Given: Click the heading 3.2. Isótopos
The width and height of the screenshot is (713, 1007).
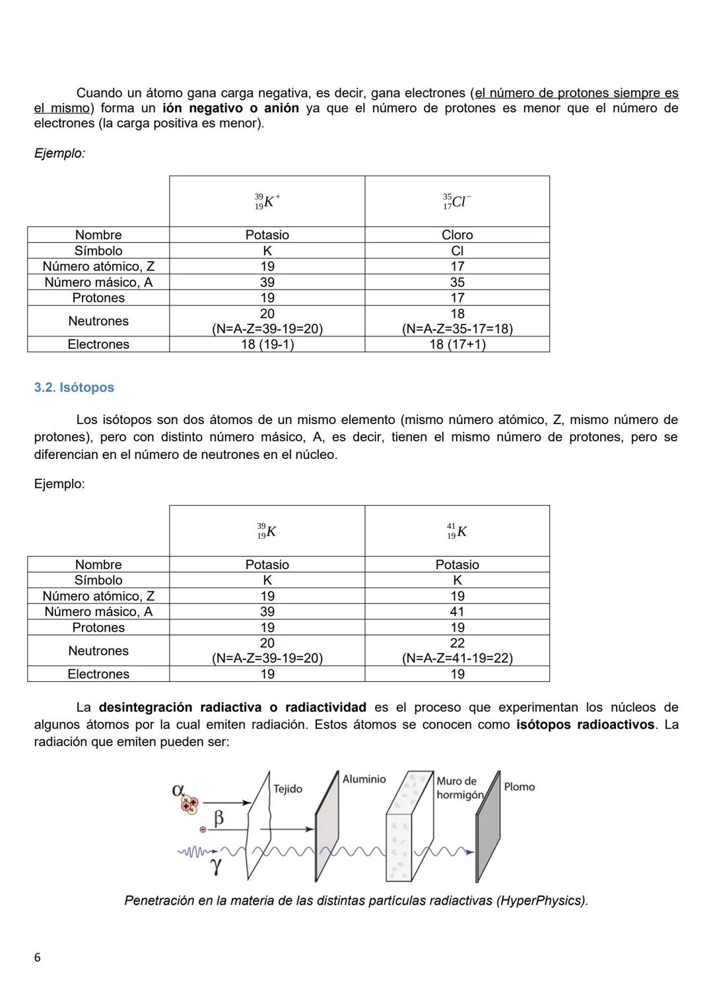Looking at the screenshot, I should coord(74,388).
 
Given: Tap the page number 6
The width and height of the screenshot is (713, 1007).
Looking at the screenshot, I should coord(37,958).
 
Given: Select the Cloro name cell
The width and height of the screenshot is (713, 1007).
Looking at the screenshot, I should coord(457,235).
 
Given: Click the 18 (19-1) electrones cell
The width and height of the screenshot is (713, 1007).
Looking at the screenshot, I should coord(267,344).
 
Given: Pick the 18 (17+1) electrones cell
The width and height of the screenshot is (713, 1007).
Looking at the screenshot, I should coord(457,344).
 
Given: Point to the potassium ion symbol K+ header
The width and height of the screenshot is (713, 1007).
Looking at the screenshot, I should coord(267,202).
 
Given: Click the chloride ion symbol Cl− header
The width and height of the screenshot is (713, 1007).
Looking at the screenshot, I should coord(457,202).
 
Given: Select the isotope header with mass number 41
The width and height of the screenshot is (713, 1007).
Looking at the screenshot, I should coord(457,532).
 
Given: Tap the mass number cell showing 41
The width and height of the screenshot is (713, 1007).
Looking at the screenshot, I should coord(457,612).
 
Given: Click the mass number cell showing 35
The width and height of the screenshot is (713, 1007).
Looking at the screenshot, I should coord(457,282).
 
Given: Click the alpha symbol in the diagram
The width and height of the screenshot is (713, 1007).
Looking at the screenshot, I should coord(178,789).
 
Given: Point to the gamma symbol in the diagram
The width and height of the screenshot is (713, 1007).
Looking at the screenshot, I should coord(216,866).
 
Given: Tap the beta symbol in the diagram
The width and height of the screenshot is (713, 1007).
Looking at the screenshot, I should coord(219,819).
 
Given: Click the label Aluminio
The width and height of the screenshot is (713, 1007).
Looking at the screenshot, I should coord(364,779).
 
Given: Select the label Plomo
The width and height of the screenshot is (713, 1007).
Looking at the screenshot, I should coord(519,787).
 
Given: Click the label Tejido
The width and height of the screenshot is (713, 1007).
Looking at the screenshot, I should coord(288,789).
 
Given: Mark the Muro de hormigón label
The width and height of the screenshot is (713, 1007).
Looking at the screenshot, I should coord(459,788).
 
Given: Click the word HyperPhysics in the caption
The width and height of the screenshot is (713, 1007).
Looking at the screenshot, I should coord(541,901).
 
